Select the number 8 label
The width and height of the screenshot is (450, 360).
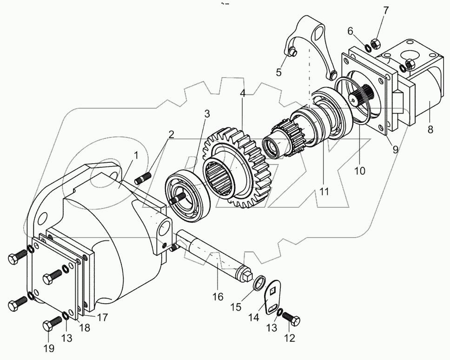[x=430, y=130]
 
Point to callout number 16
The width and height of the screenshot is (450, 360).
[x=218, y=296]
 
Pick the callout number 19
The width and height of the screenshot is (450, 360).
[x=49, y=348]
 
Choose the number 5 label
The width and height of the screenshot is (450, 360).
[x=278, y=72]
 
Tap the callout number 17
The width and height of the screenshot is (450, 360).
[x=102, y=318]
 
